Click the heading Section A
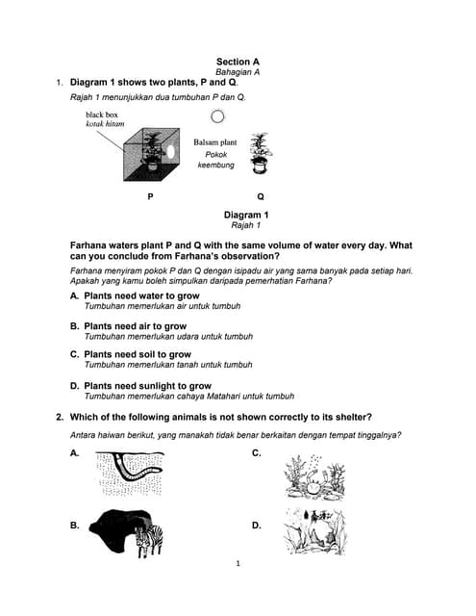[238, 62]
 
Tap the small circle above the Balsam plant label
[217, 116]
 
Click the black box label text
[102, 115]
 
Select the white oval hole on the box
[171, 152]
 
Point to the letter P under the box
[150, 196]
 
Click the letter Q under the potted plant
[261, 196]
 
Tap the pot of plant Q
[259, 166]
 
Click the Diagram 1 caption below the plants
[246, 215]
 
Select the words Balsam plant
[215, 142]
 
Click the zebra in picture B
[149, 540]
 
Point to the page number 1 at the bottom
[238, 563]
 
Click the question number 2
[60, 417]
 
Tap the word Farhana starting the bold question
[88, 245]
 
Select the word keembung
[215, 165]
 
